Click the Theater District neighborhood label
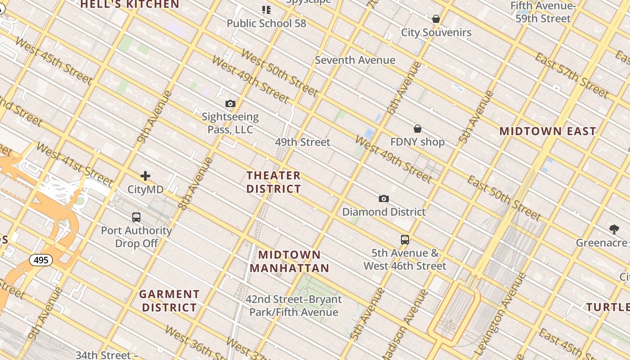[x=274, y=182]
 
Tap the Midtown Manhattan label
[x=289, y=261]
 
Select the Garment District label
[x=169, y=301]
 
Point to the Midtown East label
[x=548, y=131]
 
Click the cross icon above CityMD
[x=145, y=176]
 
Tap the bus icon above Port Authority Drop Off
[x=136, y=217]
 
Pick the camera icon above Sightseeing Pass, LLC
[x=230, y=104]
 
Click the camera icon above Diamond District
[x=383, y=198]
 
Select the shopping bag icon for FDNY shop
[x=418, y=129]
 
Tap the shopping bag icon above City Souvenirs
[x=436, y=19]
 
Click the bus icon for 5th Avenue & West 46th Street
[x=405, y=240]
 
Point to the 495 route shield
[x=41, y=260]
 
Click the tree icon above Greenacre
[x=614, y=229]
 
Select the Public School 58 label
[x=266, y=23]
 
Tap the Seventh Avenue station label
[x=355, y=60]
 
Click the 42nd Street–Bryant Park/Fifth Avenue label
[x=293, y=306]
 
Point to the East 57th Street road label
[x=571, y=74]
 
